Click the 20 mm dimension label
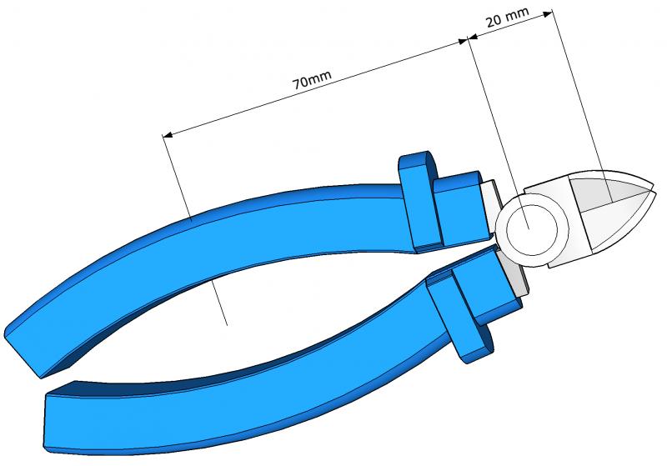507,17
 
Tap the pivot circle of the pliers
532,230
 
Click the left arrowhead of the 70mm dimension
168,135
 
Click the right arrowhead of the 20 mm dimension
548,13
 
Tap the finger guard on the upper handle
420,200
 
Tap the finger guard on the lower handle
459,320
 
